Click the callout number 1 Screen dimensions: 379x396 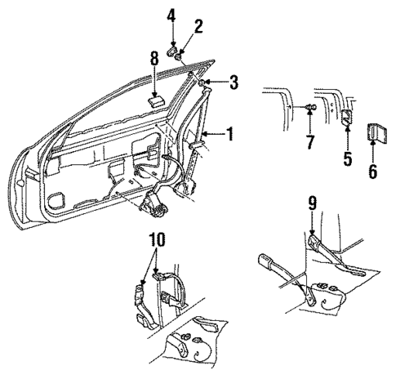point(229,133)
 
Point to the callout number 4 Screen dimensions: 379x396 point(171,15)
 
